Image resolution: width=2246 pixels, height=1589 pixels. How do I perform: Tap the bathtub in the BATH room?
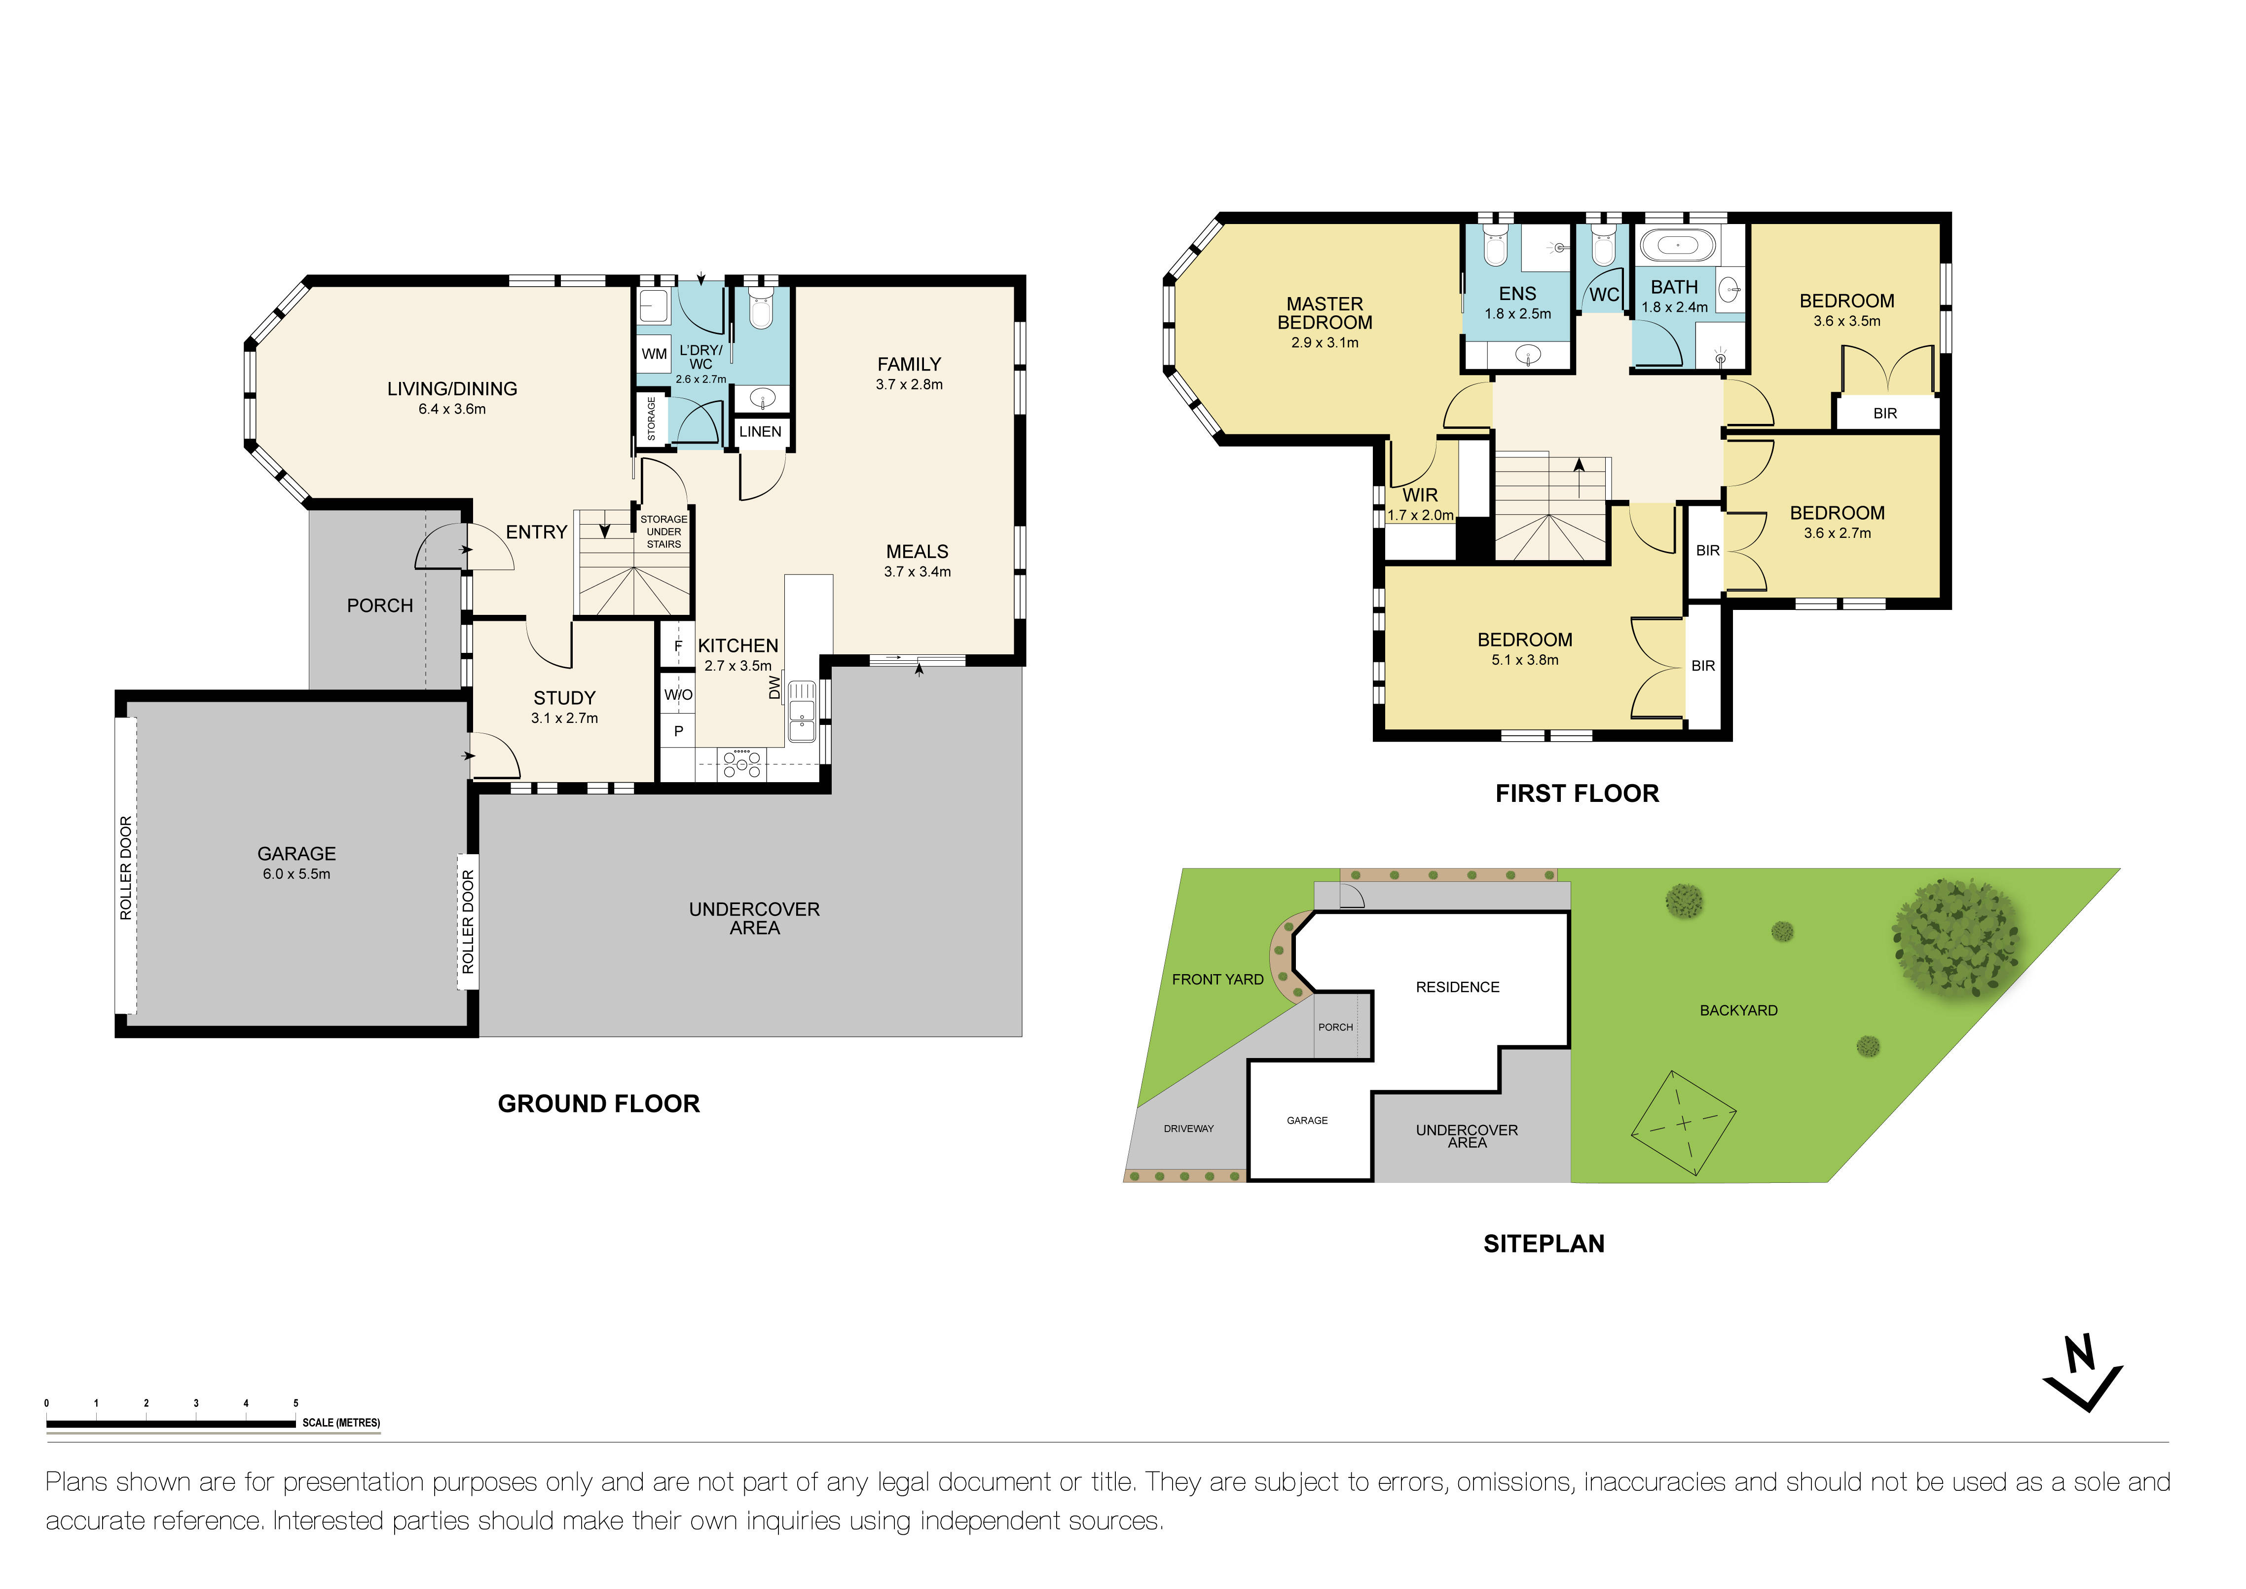pyautogui.click(x=1678, y=245)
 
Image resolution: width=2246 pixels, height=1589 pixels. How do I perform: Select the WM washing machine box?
pyautogui.click(x=654, y=354)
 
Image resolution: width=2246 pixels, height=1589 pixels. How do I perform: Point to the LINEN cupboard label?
pyautogui.click(x=760, y=431)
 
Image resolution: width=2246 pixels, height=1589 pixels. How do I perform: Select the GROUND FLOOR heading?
pyautogui.click(x=599, y=1104)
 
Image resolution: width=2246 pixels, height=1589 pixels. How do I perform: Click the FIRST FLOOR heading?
pyautogui.click(x=1577, y=794)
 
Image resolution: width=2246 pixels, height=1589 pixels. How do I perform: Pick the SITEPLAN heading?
pyautogui.click(x=1544, y=1244)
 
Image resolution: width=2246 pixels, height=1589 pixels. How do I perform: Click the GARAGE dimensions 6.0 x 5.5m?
pyautogui.click(x=296, y=874)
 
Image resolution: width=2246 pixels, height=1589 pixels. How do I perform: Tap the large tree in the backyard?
pyautogui.click(x=1954, y=937)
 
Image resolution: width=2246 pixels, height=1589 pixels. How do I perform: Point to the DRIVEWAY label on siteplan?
pyautogui.click(x=1188, y=1128)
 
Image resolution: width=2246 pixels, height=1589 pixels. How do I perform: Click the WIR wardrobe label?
pyautogui.click(x=1420, y=495)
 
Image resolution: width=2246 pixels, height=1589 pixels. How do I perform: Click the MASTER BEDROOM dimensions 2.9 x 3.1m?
pyautogui.click(x=1325, y=342)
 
